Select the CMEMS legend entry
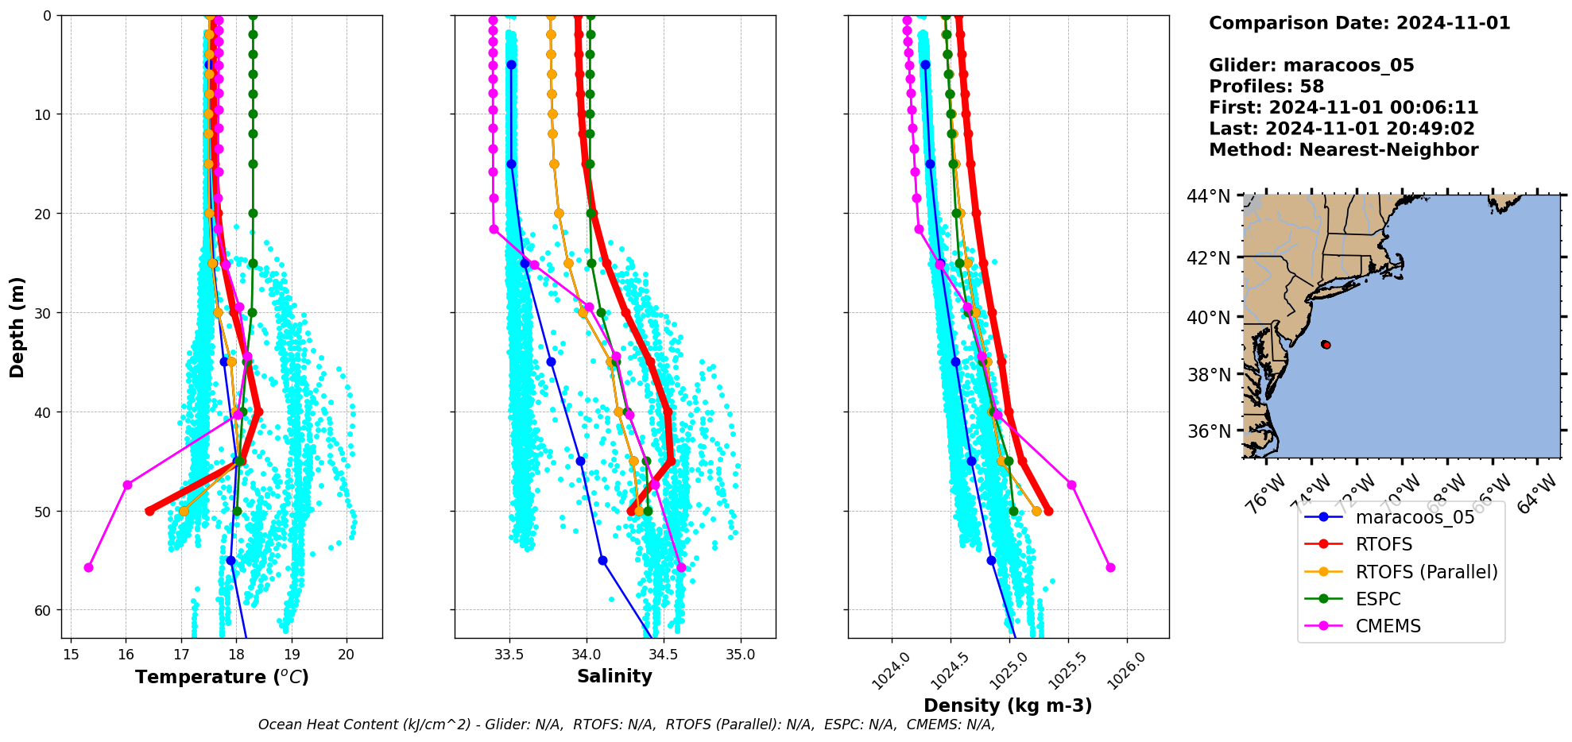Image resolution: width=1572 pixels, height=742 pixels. [1388, 626]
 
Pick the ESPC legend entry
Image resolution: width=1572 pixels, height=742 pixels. [1378, 599]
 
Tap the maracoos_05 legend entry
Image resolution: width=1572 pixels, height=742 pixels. [1415, 517]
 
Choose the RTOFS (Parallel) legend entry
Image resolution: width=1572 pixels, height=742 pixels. [1427, 572]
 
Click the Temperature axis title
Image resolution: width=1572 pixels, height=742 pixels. [222, 677]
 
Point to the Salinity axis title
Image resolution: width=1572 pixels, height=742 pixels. [614, 676]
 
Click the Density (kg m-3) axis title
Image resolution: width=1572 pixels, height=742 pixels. [1008, 705]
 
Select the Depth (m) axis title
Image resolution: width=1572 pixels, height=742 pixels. [17, 327]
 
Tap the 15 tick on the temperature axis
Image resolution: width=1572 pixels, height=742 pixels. [71, 654]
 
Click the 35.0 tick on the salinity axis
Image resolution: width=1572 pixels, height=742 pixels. [741, 654]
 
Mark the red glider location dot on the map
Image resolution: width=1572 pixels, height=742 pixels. [1326, 345]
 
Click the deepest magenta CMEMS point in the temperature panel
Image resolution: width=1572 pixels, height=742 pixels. [88, 567]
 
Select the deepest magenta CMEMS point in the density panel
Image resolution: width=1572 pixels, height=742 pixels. [1110, 567]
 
